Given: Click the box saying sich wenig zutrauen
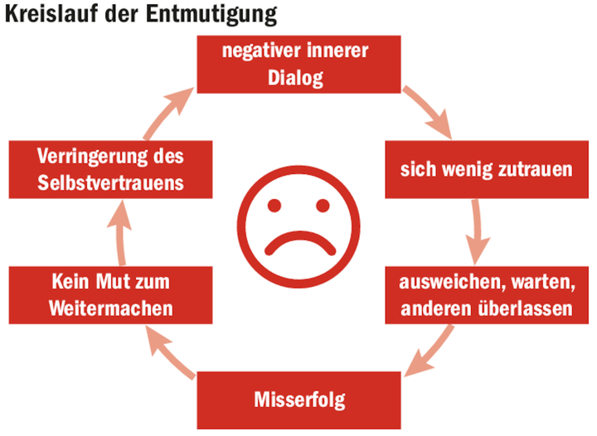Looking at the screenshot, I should (x=486, y=171).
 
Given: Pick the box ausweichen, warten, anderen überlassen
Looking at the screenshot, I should (x=486, y=295).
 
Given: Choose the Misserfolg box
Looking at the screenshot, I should (x=299, y=401).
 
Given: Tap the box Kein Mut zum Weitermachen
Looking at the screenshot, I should (x=109, y=295).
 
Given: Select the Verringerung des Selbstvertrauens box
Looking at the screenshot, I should (x=110, y=171).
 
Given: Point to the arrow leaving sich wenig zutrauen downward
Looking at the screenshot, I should (x=476, y=233).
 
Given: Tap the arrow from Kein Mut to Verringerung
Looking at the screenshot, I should (x=121, y=233).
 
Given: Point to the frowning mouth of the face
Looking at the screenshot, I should (x=299, y=242).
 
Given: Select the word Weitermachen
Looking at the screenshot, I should (x=110, y=308).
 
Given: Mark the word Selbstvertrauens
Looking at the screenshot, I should (x=110, y=184).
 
